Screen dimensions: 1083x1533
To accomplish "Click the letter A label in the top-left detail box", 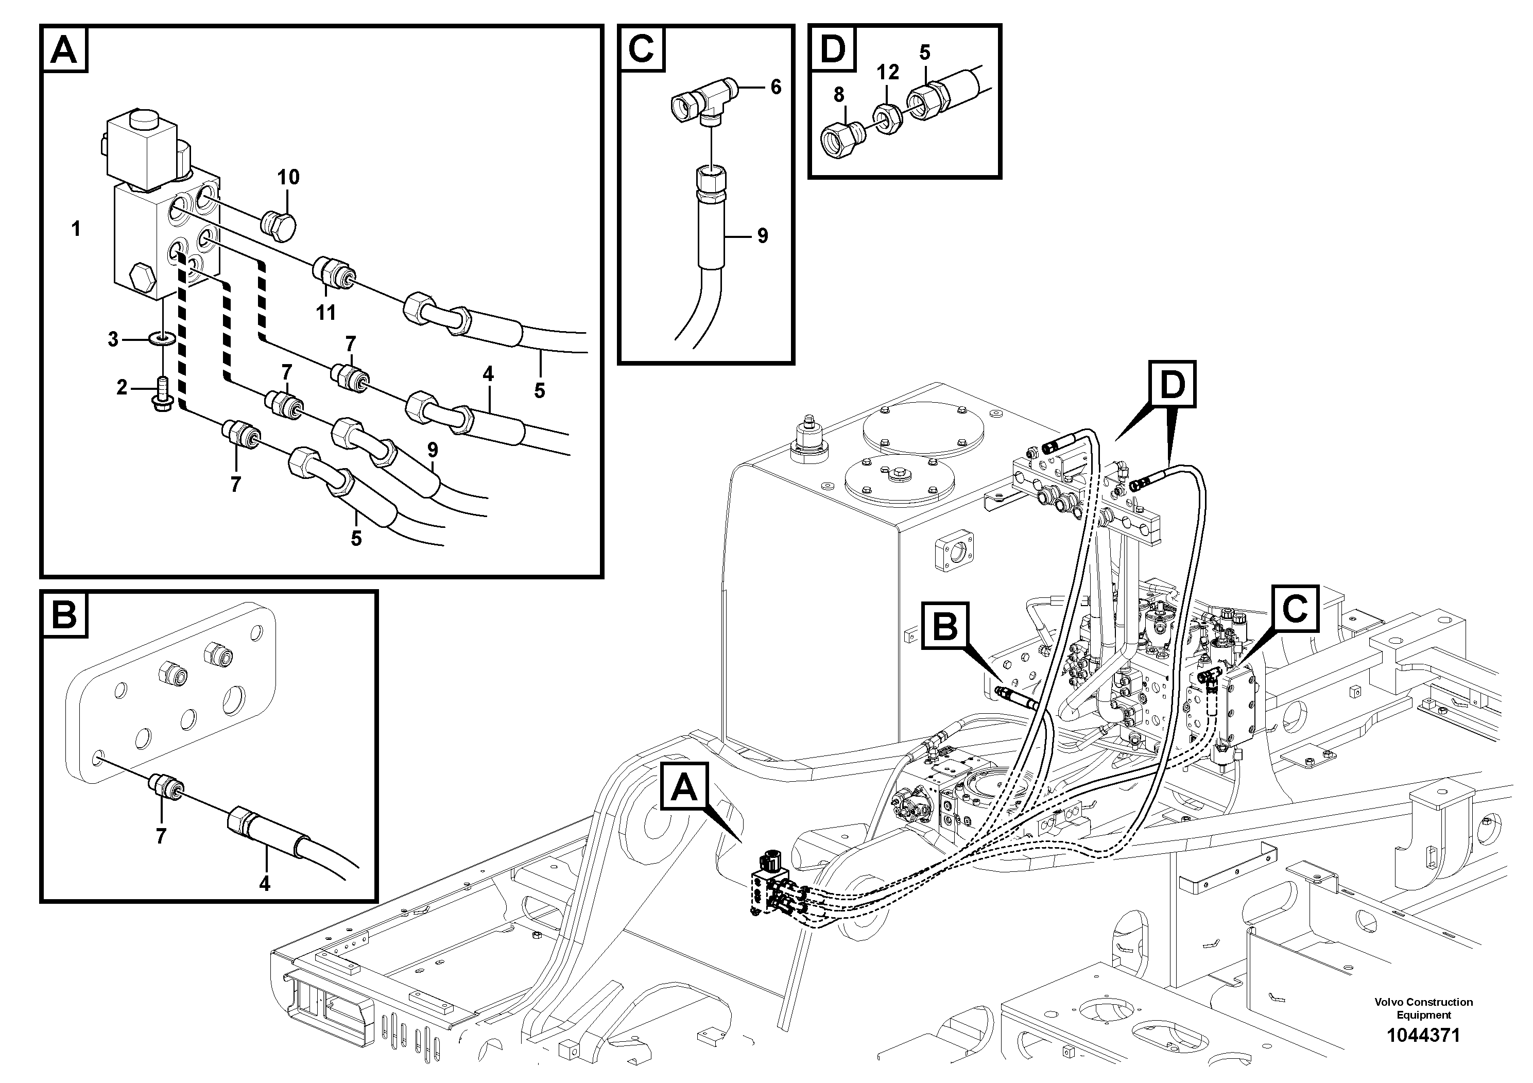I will click(64, 49).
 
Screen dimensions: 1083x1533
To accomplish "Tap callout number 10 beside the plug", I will click(288, 178).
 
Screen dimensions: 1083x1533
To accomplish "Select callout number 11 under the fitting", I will click(326, 313).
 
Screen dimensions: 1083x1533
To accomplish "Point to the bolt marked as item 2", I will click(162, 394).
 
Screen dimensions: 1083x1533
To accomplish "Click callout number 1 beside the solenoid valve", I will click(76, 229).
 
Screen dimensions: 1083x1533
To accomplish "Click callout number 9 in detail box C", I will click(763, 236).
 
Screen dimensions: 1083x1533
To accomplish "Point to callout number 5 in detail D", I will click(925, 52).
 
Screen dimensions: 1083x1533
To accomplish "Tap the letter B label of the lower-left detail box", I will click(64, 614).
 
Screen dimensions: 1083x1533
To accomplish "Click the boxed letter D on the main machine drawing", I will click(1172, 385).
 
